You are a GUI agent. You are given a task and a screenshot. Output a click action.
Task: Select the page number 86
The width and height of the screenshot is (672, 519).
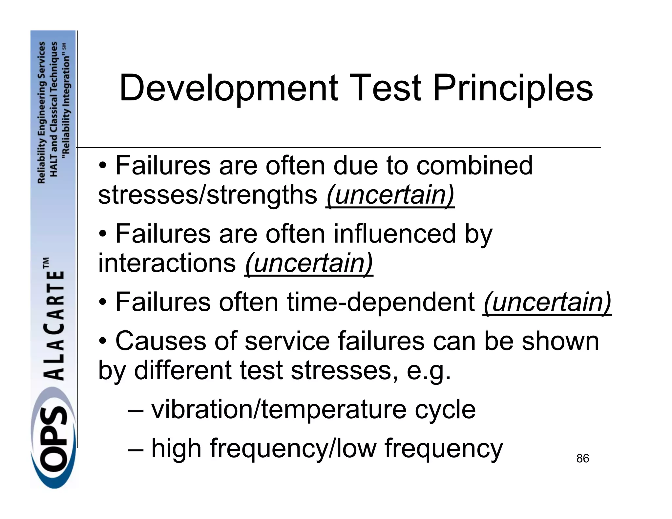click(x=582, y=458)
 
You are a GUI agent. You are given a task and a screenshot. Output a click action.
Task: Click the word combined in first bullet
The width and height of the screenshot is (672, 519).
click(x=474, y=165)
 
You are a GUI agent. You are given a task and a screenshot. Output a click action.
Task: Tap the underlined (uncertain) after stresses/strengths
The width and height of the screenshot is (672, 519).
click(x=390, y=195)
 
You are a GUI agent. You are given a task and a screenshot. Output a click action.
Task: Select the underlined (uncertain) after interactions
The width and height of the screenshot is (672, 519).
click(x=309, y=263)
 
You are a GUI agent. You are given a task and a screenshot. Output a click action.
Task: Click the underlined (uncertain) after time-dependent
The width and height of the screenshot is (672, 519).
click(x=547, y=302)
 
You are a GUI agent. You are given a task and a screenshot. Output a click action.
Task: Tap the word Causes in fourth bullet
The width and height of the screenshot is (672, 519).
click(x=161, y=341)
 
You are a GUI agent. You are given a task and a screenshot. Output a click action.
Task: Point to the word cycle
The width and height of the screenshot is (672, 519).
click(x=445, y=410)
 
